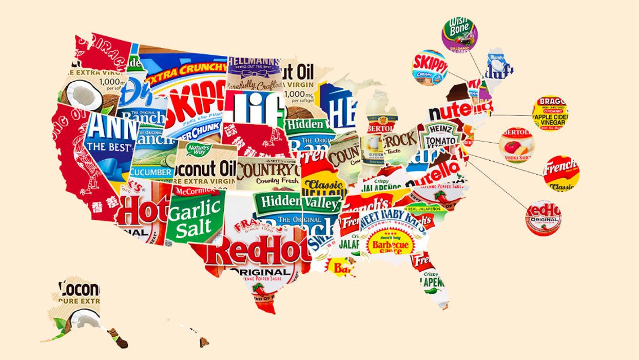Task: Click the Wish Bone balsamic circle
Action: [x=459, y=34]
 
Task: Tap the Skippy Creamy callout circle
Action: [x=429, y=67]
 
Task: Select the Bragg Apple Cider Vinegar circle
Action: [x=550, y=113]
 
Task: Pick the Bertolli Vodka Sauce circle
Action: [x=516, y=145]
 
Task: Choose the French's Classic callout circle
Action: [x=561, y=174]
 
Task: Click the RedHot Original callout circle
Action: [x=543, y=218]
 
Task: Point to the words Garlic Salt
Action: [x=194, y=218]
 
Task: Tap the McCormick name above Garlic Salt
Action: [x=191, y=193]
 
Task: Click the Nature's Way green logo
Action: [x=198, y=150]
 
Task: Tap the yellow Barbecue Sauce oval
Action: [x=390, y=245]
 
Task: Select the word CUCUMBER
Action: [x=151, y=172]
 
